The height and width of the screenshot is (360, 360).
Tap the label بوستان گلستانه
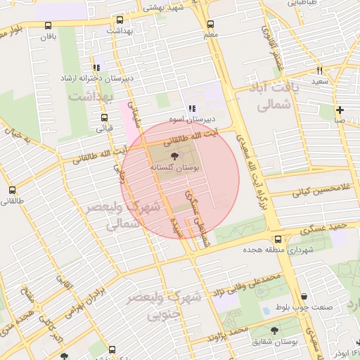(x=174, y=169)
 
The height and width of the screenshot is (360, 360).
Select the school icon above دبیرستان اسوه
(x=191, y=109)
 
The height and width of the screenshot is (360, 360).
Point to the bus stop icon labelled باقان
(x=48, y=24)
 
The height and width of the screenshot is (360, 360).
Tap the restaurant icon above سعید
(x=320, y=70)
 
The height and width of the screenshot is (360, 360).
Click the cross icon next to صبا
(x=340, y=110)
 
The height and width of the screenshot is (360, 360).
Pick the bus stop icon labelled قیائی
(x=104, y=117)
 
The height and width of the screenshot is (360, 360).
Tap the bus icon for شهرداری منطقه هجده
(x=278, y=239)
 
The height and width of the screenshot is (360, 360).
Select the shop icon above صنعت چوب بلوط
(x=303, y=297)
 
